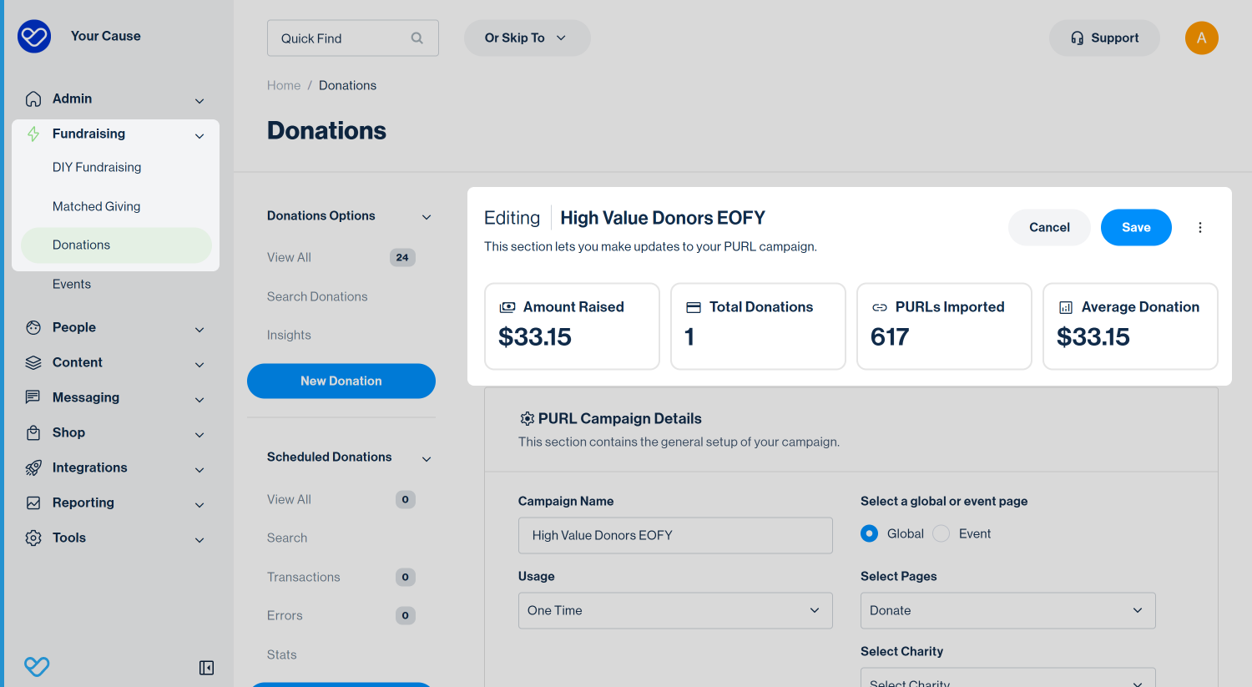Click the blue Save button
click(x=1136, y=228)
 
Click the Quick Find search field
click(x=353, y=38)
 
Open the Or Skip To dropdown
click(x=527, y=38)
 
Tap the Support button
click(x=1104, y=38)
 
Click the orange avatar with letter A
click(x=1202, y=38)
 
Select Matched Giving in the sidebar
click(x=96, y=206)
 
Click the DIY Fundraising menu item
click(x=97, y=167)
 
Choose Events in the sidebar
click(x=72, y=284)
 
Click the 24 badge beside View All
click(x=402, y=258)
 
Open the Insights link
click(x=289, y=335)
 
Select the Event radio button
click(x=942, y=534)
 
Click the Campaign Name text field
click(x=675, y=536)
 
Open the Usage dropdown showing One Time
click(x=675, y=610)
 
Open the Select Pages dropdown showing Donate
click(x=1007, y=610)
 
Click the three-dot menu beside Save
click(x=1200, y=228)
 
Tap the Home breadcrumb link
click(x=284, y=85)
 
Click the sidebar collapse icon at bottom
click(x=206, y=668)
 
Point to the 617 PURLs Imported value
click(x=890, y=337)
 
